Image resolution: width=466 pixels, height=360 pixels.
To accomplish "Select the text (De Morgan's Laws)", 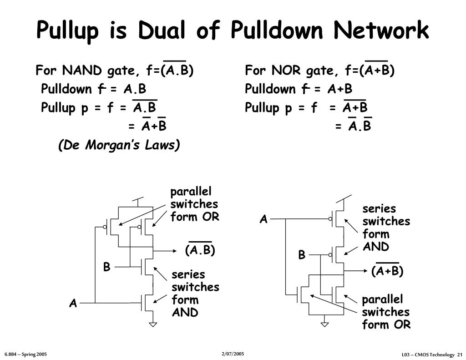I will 119,145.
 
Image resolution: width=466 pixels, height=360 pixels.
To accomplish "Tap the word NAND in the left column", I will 82,71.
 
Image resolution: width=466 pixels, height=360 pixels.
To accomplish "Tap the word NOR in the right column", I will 287,71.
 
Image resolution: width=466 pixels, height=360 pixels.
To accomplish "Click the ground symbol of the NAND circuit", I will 153,324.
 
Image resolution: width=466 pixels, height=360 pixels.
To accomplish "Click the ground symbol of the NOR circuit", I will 324,324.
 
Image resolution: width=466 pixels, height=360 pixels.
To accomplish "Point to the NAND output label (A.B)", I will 200,250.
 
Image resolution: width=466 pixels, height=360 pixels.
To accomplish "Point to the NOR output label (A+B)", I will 387,271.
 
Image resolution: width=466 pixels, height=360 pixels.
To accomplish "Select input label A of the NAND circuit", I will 73,304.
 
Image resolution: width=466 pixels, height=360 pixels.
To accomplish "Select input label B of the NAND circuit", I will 106,267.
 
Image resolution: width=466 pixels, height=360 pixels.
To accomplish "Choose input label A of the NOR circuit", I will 263,219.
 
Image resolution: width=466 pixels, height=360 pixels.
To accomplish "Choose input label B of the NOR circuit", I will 302,255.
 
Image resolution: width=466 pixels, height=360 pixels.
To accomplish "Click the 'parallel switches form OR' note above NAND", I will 194,204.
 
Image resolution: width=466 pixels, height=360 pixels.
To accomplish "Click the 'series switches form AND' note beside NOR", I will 386,228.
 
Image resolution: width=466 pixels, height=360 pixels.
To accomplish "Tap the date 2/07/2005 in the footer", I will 233,354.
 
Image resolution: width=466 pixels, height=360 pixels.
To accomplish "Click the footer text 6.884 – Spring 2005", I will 26,354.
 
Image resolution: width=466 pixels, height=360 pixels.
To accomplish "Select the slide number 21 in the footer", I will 460,355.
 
